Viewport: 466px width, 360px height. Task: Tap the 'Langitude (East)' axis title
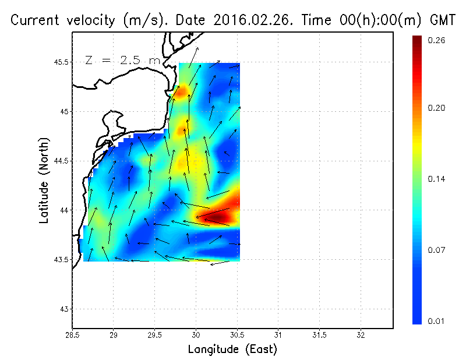click(232, 350)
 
